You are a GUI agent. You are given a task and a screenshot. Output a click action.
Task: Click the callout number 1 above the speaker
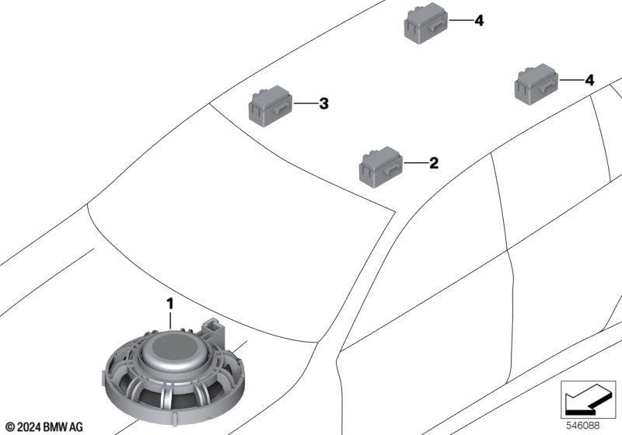click(170, 304)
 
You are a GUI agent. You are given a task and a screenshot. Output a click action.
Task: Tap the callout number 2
click(434, 163)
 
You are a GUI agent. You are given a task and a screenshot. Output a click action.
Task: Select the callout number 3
click(324, 104)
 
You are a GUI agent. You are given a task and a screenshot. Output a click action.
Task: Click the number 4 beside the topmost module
click(479, 21)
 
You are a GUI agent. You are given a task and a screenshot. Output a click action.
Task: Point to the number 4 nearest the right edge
click(590, 81)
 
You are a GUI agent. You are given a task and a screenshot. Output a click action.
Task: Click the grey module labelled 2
click(381, 166)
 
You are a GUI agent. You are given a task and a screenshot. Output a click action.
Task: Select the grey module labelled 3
click(270, 106)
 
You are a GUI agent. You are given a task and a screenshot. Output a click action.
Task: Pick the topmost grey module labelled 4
click(426, 23)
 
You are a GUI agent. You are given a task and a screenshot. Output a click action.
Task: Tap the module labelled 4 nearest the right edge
click(536, 85)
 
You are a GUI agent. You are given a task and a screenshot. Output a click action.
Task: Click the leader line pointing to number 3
click(306, 104)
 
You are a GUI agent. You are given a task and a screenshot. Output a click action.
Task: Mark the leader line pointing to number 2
click(416, 163)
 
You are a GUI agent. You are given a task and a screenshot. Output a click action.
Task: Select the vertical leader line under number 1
click(170, 321)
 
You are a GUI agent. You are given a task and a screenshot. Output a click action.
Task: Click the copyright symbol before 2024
click(11, 427)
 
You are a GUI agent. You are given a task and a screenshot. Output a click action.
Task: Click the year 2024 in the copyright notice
click(29, 427)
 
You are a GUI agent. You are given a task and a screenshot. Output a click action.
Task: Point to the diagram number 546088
click(582, 426)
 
